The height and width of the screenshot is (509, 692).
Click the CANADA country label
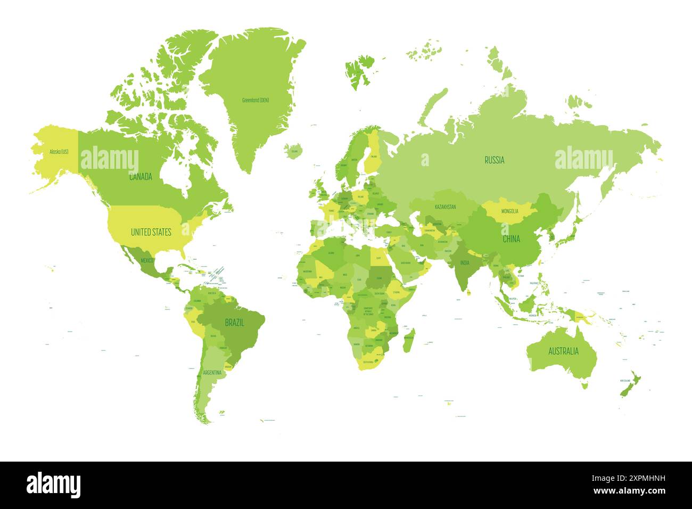(141, 177)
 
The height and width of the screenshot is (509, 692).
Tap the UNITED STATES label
(151, 232)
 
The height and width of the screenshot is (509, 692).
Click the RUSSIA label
(494, 160)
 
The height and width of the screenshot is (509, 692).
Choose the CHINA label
(511, 239)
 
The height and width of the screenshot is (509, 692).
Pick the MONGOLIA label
(509, 211)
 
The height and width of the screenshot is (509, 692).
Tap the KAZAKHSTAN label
(445, 207)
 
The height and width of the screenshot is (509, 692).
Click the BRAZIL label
(234, 323)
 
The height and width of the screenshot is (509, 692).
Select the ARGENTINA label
(212, 373)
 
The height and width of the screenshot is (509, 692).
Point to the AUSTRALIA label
(563, 351)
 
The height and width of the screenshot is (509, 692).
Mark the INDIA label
(465, 262)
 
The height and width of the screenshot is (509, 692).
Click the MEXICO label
(147, 260)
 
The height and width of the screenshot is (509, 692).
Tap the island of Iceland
(293, 151)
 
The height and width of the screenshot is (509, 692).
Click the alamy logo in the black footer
(53, 485)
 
